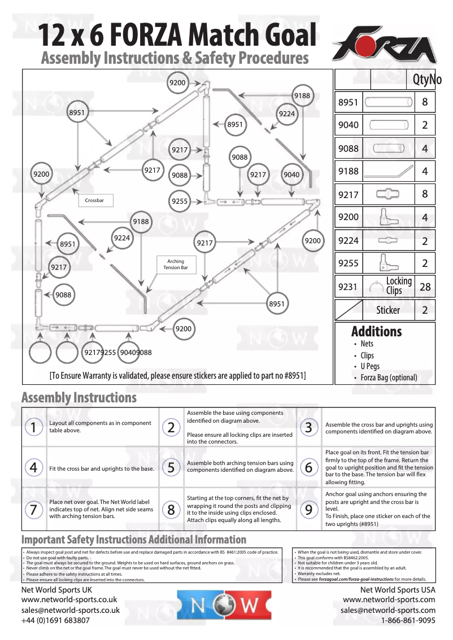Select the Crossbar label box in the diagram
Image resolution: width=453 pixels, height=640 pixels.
(x=94, y=200)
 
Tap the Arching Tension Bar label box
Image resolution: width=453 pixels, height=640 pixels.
(x=176, y=265)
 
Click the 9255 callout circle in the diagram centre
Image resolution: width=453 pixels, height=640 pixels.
(x=180, y=201)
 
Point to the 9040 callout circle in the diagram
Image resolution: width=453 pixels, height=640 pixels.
(x=291, y=175)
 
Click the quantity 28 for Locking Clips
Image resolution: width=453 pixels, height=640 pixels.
(x=425, y=287)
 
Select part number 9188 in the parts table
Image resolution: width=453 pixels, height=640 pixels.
(x=348, y=171)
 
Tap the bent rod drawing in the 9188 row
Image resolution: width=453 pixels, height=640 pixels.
(x=387, y=171)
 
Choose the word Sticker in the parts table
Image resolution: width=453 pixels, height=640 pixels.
(x=388, y=310)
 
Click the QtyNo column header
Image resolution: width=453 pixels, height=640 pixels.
(x=426, y=80)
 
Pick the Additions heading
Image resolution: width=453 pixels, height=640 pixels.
(x=376, y=331)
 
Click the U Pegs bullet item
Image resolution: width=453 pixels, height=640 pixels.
(x=369, y=367)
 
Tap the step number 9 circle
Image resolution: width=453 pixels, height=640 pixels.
(x=308, y=510)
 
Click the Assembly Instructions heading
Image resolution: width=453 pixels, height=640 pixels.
(x=79, y=397)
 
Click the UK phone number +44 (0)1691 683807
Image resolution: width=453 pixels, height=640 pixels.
(x=55, y=620)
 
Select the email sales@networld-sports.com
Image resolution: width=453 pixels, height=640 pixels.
(x=387, y=610)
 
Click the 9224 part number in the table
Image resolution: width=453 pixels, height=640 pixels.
(x=348, y=240)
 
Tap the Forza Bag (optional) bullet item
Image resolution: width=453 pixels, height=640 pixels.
(x=389, y=378)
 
